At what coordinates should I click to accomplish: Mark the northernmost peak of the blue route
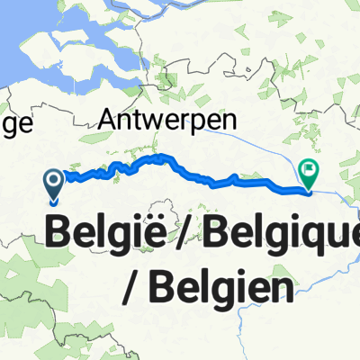click(163, 157)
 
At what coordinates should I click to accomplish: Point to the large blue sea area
click(18, 45)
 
